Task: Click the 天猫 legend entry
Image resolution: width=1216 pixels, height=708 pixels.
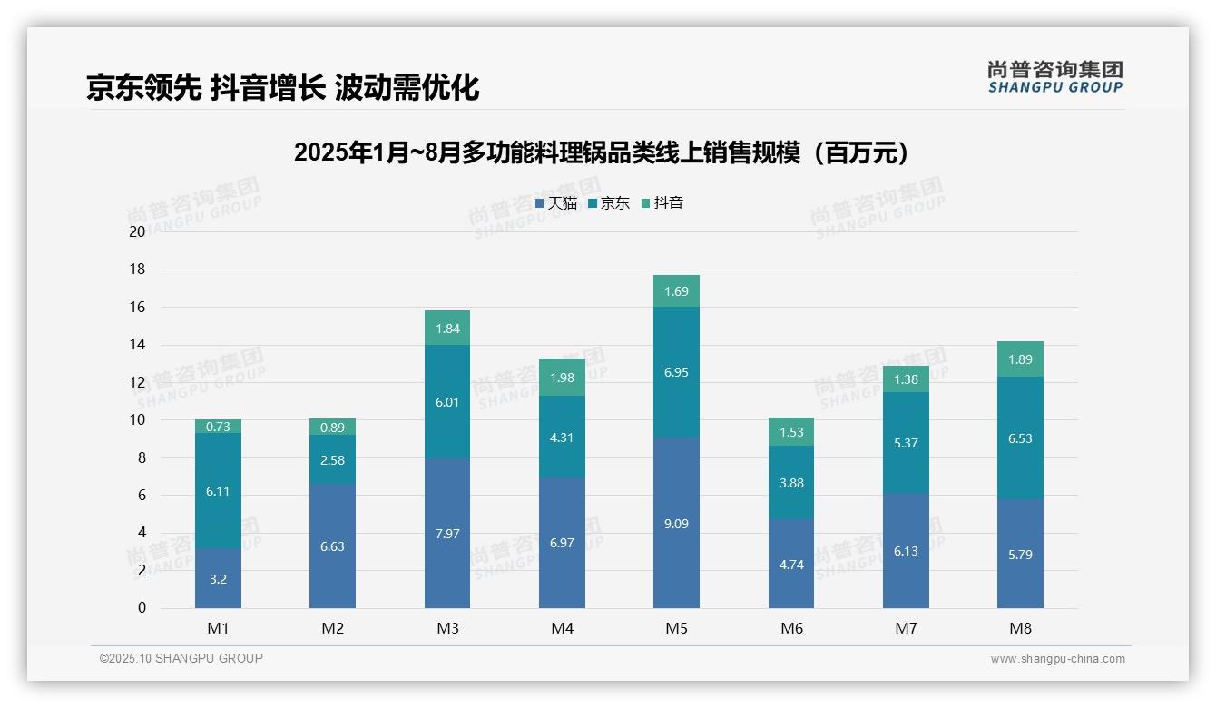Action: click(x=556, y=203)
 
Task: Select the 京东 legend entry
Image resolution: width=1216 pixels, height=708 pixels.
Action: click(x=609, y=203)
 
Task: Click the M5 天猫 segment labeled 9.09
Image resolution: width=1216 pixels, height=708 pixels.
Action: click(x=676, y=524)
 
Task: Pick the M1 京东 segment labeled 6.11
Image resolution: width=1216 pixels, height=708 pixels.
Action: click(x=218, y=490)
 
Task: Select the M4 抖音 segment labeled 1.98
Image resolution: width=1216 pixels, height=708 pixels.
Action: click(x=562, y=378)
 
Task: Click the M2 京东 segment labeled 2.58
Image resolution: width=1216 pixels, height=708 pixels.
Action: click(x=332, y=459)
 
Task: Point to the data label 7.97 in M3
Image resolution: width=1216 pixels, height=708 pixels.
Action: click(x=447, y=534)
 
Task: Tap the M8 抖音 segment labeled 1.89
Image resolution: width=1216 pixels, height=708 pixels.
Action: click(x=1020, y=359)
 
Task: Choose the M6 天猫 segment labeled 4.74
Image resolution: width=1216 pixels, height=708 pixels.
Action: click(x=791, y=564)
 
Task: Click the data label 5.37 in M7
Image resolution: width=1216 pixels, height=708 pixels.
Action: click(x=906, y=443)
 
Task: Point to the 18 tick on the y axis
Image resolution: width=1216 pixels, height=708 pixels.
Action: click(x=138, y=270)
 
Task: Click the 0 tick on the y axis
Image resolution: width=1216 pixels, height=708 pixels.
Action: click(x=142, y=608)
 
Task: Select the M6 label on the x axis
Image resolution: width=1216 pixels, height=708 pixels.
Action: click(x=791, y=628)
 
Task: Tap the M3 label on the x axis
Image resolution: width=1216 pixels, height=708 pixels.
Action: click(x=447, y=628)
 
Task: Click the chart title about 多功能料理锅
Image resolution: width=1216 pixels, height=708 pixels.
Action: click(x=602, y=152)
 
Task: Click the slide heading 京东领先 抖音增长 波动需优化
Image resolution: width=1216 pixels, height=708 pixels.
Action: click(x=282, y=87)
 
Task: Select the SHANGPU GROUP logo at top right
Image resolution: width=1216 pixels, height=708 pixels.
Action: click(x=1054, y=77)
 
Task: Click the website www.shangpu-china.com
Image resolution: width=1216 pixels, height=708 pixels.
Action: click(x=1057, y=659)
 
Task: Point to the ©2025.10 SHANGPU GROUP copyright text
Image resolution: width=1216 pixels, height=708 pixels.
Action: click(x=181, y=658)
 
